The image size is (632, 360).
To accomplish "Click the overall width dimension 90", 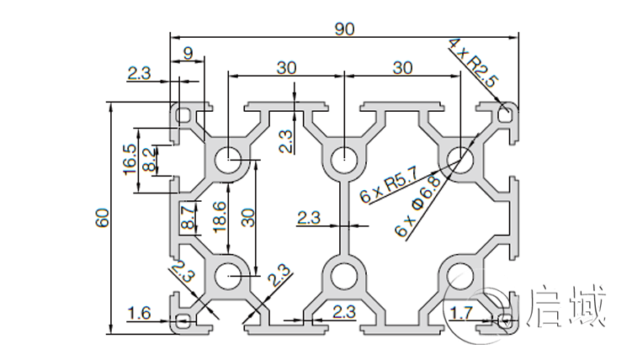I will click(343, 29).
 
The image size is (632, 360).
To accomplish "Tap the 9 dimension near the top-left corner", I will click(188, 54).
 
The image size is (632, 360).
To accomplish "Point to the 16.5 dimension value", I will click(130, 159).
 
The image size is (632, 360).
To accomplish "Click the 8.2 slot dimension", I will click(149, 159).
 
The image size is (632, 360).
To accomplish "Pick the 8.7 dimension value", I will click(188, 220).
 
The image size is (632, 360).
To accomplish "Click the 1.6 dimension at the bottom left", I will click(140, 314).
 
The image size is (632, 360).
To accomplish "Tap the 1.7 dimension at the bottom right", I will click(461, 314).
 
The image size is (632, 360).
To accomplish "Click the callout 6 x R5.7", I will click(389, 190).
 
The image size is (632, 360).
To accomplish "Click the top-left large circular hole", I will click(228, 159).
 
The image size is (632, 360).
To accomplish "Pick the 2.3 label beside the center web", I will click(309, 219).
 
